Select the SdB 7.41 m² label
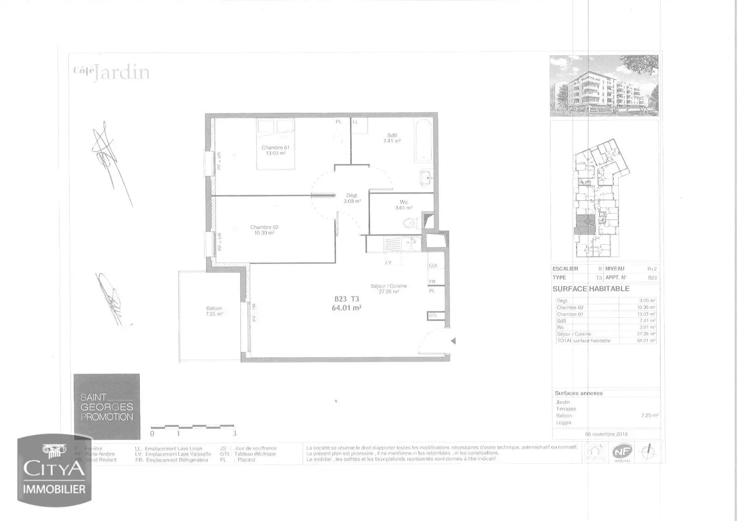392,138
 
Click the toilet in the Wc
409,223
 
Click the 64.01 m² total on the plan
346,308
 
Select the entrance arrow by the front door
453,341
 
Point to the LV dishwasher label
388,262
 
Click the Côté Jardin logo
111,73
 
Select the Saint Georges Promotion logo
107,407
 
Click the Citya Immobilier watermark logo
54,471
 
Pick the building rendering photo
604,86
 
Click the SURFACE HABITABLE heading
591,289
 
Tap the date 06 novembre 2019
606,434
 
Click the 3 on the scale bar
234,433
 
